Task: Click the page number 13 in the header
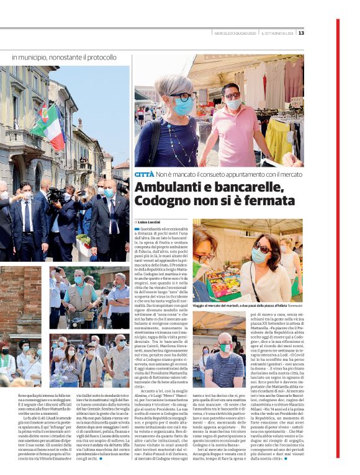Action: coord(301,33)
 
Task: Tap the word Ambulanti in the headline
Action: coord(167,188)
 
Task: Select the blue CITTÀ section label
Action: coord(144,175)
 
